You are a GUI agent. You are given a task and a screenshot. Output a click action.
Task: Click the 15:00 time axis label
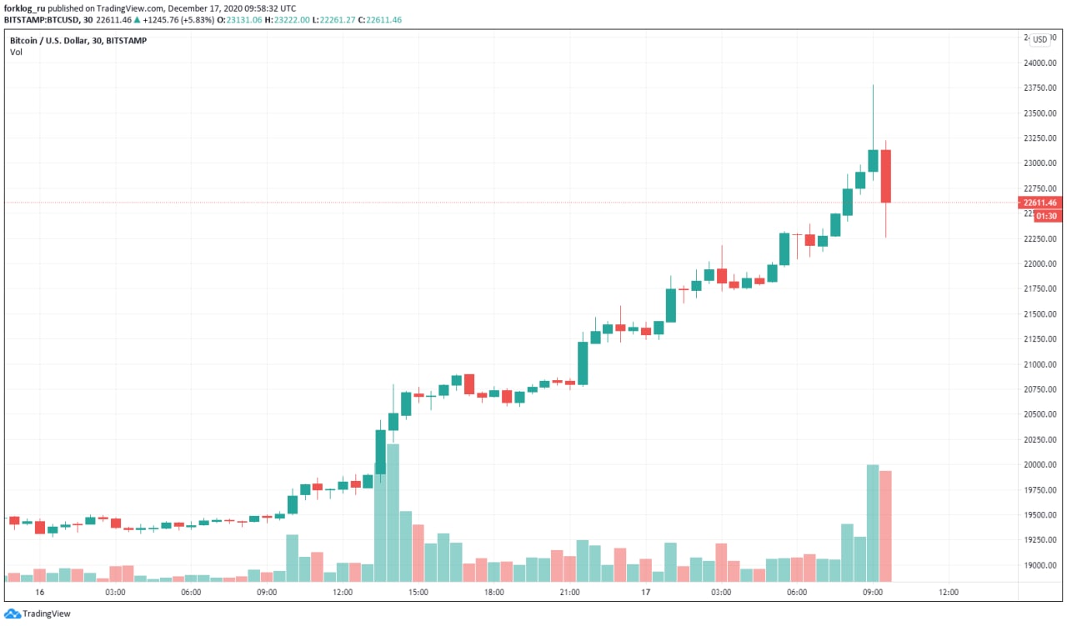(418, 592)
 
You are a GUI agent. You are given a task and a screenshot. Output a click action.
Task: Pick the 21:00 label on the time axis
(570, 592)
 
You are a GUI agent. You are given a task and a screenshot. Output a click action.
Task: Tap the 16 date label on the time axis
(39, 592)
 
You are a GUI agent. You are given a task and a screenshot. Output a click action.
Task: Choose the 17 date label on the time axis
(645, 592)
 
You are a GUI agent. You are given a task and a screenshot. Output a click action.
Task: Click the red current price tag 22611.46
(1040, 203)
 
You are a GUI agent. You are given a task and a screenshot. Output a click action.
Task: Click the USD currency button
(1039, 39)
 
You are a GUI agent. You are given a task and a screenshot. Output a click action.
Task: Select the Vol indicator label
(16, 52)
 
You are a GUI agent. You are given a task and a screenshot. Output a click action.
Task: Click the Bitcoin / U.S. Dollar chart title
(78, 40)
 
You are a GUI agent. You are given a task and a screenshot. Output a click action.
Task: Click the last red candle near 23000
(885, 176)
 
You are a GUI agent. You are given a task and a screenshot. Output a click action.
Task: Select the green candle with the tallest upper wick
(873, 160)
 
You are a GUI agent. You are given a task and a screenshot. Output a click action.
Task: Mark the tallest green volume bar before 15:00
(393, 512)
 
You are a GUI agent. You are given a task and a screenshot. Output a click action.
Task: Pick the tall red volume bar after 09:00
(885, 525)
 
